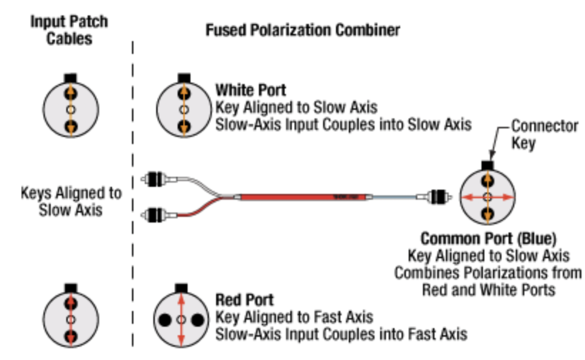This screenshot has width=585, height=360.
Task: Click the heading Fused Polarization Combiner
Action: pyautogui.click(x=302, y=30)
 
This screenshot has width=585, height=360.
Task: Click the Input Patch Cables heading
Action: pyautogui.click(x=69, y=30)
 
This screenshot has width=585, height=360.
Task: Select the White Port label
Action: pyautogui.click(x=251, y=90)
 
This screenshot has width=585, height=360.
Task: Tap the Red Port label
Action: pyautogui.click(x=244, y=300)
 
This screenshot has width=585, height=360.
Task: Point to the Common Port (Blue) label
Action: pyautogui.click(x=488, y=238)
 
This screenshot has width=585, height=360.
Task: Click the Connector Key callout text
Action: pyautogui.click(x=544, y=134)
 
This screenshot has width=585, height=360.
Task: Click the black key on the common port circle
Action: pyautogui.click(x=488, y=165)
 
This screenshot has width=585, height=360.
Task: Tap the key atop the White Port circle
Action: pyautogui.click(x=184, y=78)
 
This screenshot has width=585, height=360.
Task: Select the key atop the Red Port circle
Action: pyautogui.click(x=181, y=288)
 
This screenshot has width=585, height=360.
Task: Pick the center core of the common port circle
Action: pyautogui.click(x=488, y=197)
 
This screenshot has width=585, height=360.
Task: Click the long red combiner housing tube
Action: pyautogui.click(x=305, y=197)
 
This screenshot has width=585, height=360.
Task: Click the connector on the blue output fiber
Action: pyautogui.click(x=439, y=197)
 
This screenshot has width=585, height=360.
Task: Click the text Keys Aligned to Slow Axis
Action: pyautogui.click(x=71, y=202)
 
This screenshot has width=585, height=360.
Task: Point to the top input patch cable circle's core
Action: pyautogui.click(x=71, y=110)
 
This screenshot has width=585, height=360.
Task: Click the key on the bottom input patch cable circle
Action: pyautogui.click(x=71, y=288)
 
